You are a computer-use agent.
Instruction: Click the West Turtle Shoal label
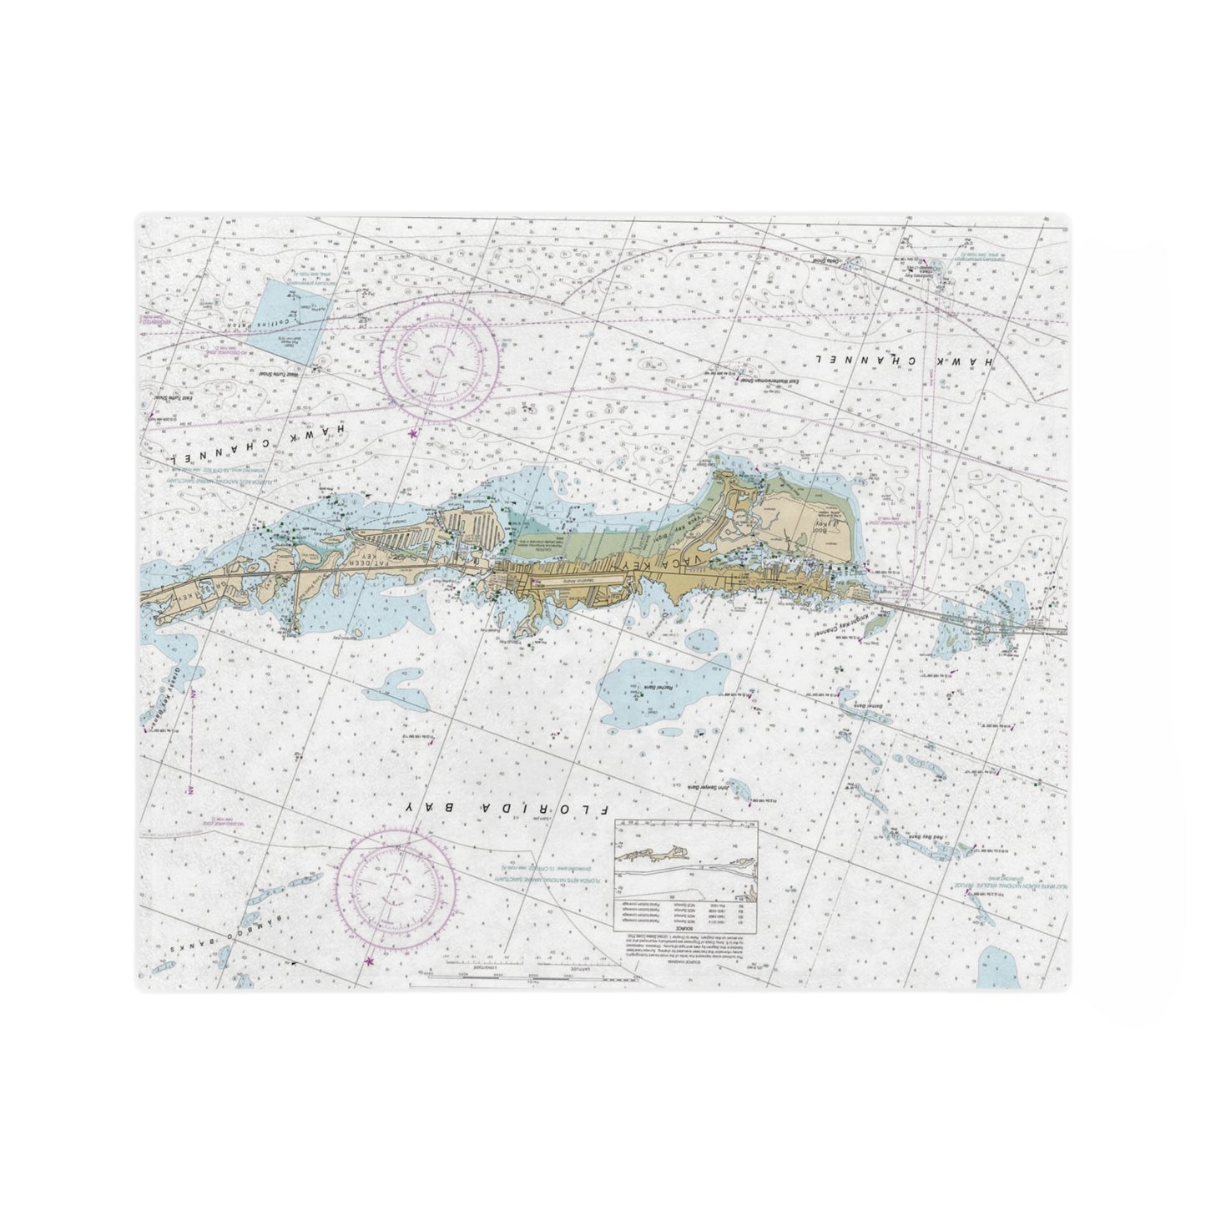coord(281,376)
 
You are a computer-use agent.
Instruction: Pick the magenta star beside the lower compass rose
coord(369,962)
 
